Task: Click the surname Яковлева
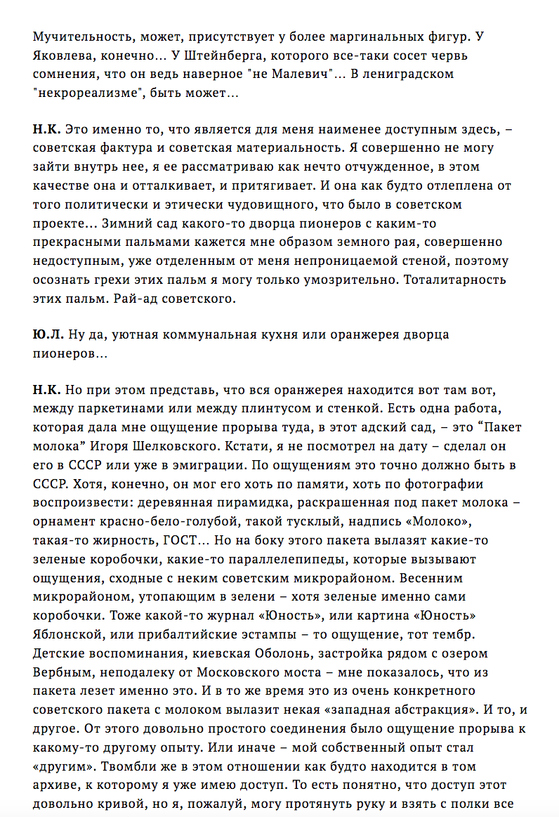63,55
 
